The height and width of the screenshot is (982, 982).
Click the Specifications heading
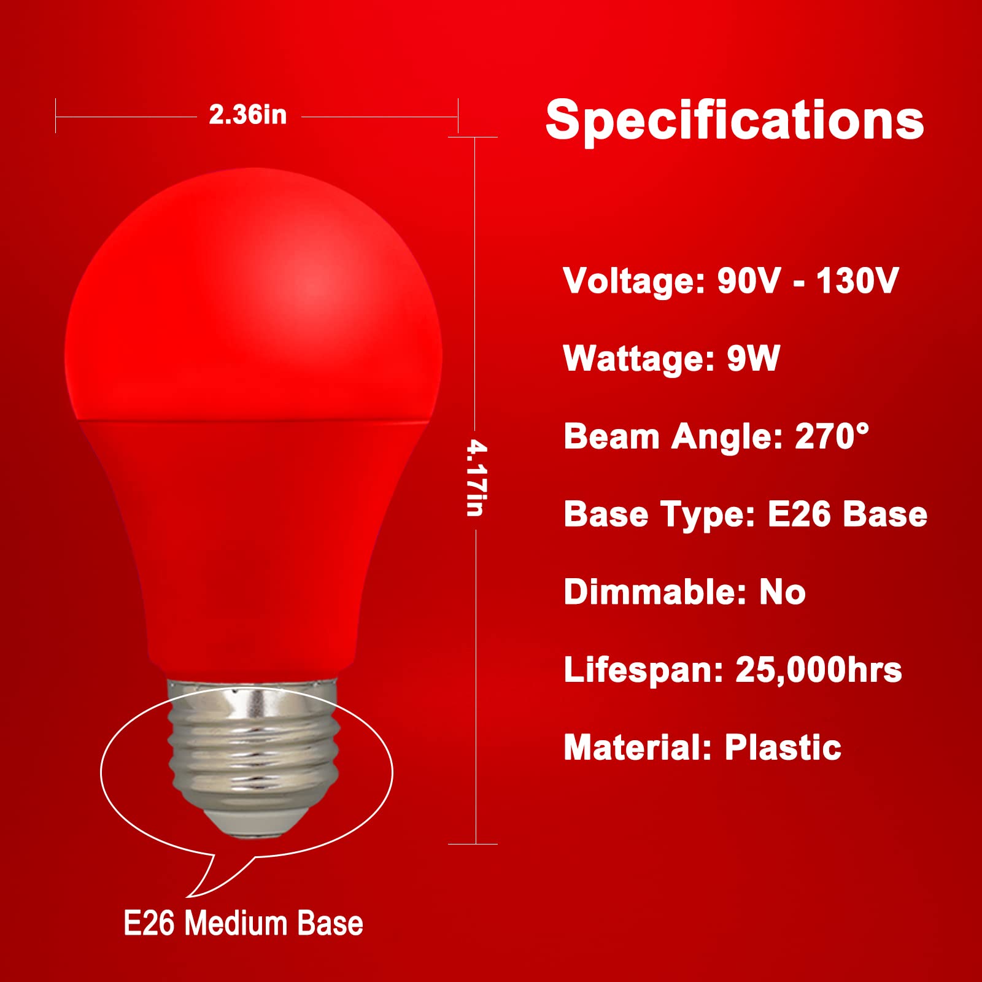click(735, 120)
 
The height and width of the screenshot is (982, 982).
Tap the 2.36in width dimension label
click(248, 115)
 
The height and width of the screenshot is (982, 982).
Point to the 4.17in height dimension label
click(476, 478)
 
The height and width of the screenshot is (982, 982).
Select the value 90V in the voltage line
click(749, 281)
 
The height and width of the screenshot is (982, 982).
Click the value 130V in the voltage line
click(857, 281)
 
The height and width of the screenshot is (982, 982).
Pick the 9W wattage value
click(753, 358)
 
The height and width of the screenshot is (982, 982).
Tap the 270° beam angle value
click(832, 436)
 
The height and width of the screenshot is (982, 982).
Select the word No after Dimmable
click(783, 592)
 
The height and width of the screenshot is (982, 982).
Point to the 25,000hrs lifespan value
click(819, 670)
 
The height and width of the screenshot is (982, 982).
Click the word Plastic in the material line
click(783, 748)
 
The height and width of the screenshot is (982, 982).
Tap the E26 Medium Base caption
click(243, 924)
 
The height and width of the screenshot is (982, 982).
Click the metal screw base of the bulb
click(252, 749)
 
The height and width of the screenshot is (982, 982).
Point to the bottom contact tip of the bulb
click(252, 829)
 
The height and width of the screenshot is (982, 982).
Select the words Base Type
click(659, 514)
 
